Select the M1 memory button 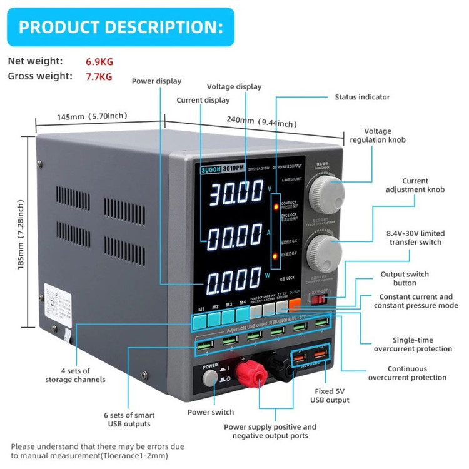[201, 320]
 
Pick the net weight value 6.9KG [99, 61]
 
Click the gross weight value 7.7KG [99, 76]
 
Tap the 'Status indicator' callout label [362, 97]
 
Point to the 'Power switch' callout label [211, 412]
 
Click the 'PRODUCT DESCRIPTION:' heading [120, 28]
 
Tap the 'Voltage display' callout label [234, 86]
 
